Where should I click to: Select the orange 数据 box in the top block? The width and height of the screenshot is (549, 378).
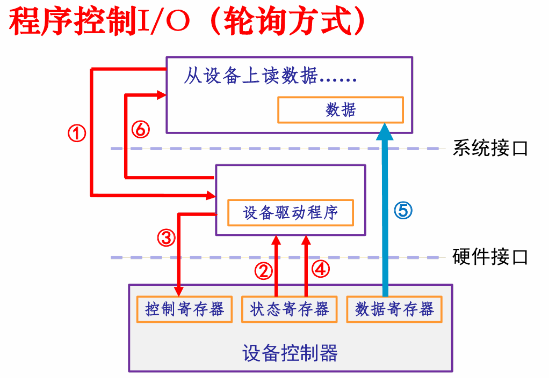[x=340, y=110]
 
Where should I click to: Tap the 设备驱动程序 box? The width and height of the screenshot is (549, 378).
[x=291, y=212]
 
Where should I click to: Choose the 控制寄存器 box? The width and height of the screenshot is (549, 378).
[x=184, y=309]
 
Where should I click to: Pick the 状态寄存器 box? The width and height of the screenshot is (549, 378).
[x=290, y=309]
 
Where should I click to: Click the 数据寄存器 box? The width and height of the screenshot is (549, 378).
[x=394, y=309]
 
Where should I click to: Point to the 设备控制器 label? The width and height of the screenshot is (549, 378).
[x=290, y=353]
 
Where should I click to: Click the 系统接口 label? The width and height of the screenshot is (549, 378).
[x=490, y=148]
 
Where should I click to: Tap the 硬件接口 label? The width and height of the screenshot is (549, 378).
[x=490, y=257]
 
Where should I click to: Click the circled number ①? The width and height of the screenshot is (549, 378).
[x=76, y=132]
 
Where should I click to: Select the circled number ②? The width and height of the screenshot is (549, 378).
[x=263, y=271]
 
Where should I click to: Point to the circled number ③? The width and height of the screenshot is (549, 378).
[x=166, y=237]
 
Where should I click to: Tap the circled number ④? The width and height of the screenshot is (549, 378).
[x=321, y=270]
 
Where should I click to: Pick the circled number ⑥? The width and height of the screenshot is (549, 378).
[x=140, y=129]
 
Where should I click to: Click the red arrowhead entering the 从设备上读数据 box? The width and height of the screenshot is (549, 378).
[x=162, y=95]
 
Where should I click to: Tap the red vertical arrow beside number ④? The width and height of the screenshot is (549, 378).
[x=306, y=268]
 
